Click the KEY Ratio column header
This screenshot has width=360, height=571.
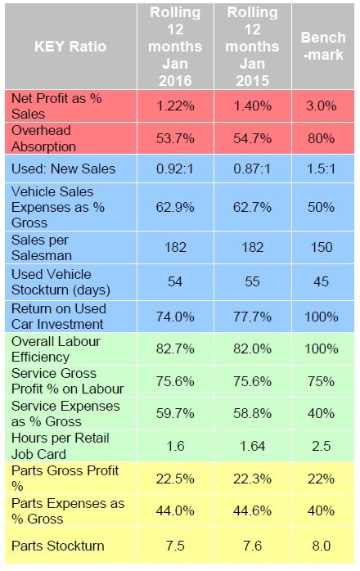pyautogui.click(x=70, y=47)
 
